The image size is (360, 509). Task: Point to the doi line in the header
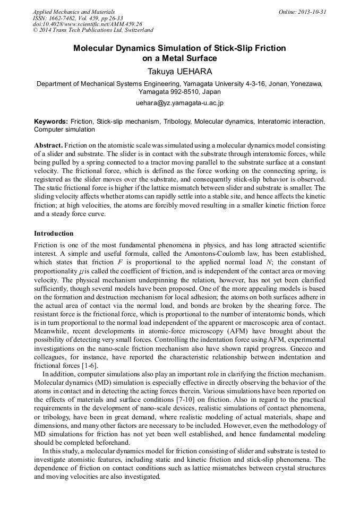click(88, 24)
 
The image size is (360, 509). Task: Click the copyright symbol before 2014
click(36, 31)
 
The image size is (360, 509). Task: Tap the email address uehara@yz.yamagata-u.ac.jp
click(179, 102)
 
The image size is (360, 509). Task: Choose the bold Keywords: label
click(51, 122)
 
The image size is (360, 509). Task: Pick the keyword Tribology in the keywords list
click(177, 122)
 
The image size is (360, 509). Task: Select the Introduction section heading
click(54, 234)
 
